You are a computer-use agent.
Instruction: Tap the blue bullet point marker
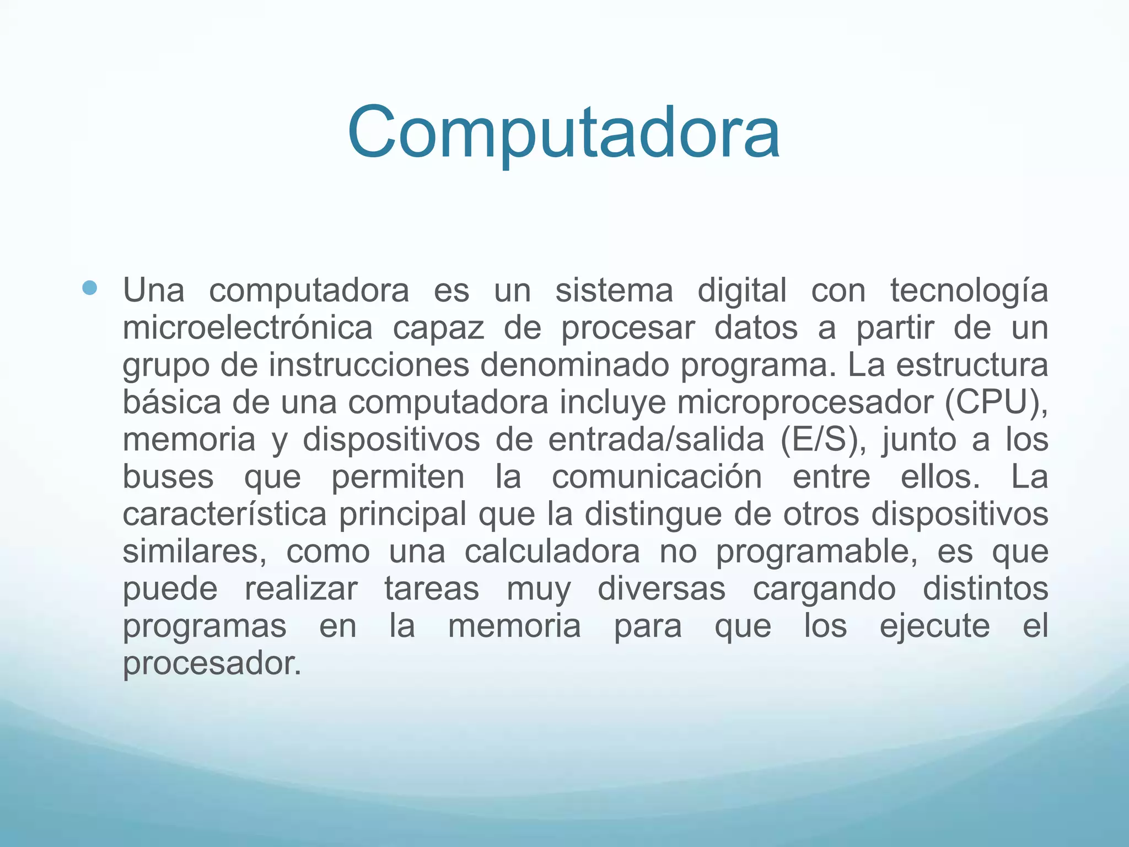pos(89,287)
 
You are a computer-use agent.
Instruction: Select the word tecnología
pos(969,291)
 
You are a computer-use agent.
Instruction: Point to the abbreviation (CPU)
pos(996,403)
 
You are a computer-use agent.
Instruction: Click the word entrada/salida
pos(656,440)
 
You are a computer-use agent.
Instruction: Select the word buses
pos(168,478)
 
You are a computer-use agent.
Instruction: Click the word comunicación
pos(657,478)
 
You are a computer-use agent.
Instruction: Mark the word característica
pos(224,514)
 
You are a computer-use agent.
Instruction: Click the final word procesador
pos(212,663)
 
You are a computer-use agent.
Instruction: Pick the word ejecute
pos(934,627)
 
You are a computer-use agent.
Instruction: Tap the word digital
pos(742,291)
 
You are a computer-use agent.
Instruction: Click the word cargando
pos(824,589)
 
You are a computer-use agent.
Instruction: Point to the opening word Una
pos(154,291)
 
